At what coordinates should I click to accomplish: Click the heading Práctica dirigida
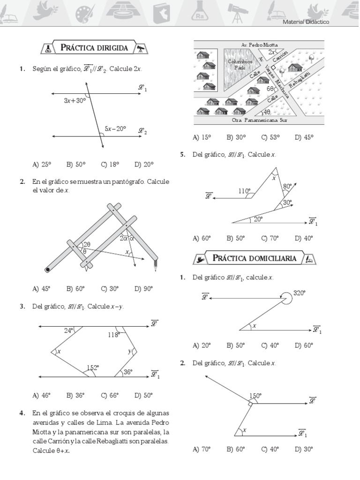point(94,48)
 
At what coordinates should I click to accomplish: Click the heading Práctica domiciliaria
point(254,258)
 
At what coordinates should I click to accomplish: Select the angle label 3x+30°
point(75,100)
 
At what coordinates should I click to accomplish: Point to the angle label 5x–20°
point(115,128)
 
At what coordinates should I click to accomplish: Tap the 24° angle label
point(69,330)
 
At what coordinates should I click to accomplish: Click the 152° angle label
point(92,368)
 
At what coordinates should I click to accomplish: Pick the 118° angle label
point(113,335)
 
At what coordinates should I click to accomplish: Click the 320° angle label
point(299,293)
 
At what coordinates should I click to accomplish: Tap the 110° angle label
point(244,191)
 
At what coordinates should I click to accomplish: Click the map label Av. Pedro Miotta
point(259,45)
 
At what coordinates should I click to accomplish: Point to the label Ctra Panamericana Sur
point(259,120)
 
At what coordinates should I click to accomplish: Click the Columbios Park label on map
point(240,64)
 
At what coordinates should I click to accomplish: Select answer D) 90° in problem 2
point(143,289)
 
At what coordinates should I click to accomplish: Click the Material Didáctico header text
point(306,22)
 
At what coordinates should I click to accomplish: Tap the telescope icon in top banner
point(236,11)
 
